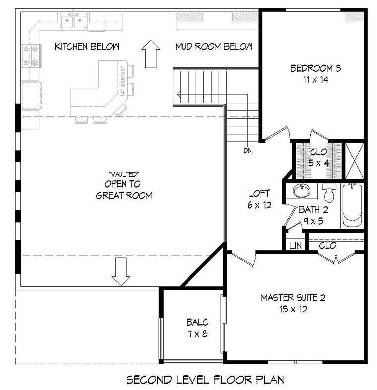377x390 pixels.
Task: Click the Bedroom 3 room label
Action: pyautogui.click(x=315, y=68)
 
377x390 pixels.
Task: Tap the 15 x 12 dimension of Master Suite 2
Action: pyautogui.click(x=293, y=309)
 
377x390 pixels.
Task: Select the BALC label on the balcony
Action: pyautogui.click(x=197, y=322)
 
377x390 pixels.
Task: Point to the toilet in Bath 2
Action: pyautogui.click(x=329, y=192)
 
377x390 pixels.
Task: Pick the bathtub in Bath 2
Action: pyautogui.click(x=352, y=205)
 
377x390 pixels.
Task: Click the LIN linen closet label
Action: pyautogui.click(x=296, y=246)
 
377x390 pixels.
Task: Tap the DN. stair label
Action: pyautogui.click(x=248, y=151)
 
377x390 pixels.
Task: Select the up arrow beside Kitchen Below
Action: pyautogui.click(x=150, y=54)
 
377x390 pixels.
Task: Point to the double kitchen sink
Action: pyautogui.click(x=73, y=21)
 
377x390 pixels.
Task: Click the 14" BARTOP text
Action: pyautogui.click(x=123, y=81)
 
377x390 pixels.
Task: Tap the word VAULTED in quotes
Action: pyautogui.click(x=124, y=174)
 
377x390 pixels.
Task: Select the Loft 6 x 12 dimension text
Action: pyautogui.click(x=259, y=205)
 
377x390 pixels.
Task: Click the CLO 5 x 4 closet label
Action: pyautogui.click(x=319, y=157)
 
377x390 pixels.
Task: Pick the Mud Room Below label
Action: pyautogui.click(x=214, y=47)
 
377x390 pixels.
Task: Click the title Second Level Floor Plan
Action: pyautogui.click(x=206, y=380)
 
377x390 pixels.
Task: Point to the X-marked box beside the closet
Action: pyautogui.click(x=354, y=160)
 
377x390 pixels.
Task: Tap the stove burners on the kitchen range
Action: pyautogui.click(x=31, y=55)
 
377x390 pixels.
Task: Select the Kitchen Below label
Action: pyautogui.click(x=87, y=47)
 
